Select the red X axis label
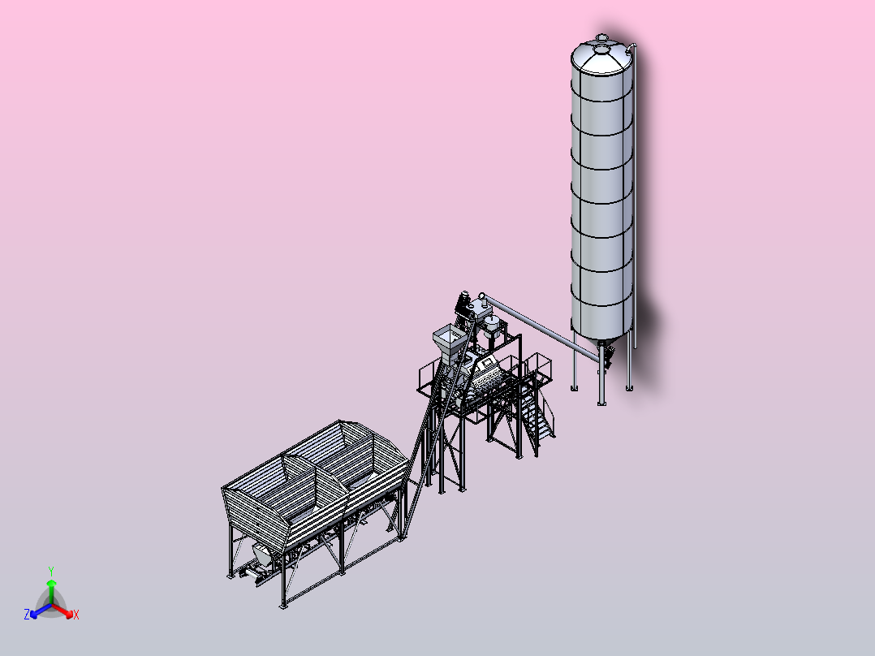coord(76,615)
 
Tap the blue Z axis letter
coord(26,614)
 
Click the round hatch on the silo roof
coord(601,50)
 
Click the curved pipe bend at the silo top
coord(632,47)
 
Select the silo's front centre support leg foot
coord(601,403)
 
